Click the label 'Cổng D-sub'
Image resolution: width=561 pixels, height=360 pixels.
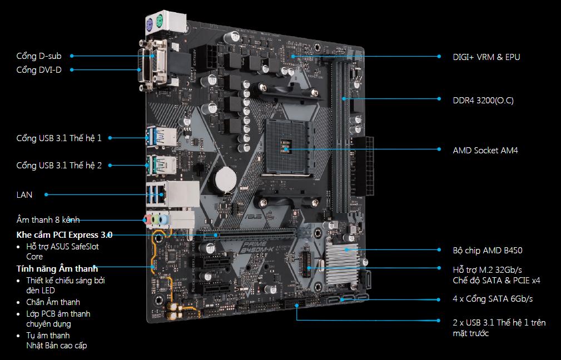[x=39, y=56]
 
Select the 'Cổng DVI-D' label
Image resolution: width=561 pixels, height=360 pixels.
[x=39, y=69]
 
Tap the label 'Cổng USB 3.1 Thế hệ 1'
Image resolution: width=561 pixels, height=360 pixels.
[x=59, y=138]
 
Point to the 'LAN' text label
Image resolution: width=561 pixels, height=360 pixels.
[x=24, y=194]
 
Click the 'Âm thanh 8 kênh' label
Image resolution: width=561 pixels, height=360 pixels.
[x=48, y=220]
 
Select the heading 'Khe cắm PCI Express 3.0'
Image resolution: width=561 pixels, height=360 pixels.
[x=64, y=234]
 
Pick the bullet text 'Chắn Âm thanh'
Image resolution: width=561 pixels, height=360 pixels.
[x=53, y=302]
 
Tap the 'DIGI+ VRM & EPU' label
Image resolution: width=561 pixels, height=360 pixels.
[x=486, y=57]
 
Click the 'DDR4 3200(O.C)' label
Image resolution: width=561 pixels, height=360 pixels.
[x=483, y=101]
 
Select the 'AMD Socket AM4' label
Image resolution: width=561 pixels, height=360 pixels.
[x=485, y=150]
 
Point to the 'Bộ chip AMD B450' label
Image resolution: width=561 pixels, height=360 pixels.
[x=488, y=251]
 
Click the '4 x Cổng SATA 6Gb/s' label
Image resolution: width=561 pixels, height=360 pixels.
[x=493, y=299]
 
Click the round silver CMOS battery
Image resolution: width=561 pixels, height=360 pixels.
[x=226, y=178]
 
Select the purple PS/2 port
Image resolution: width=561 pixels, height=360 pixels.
[x=148, y=24]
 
